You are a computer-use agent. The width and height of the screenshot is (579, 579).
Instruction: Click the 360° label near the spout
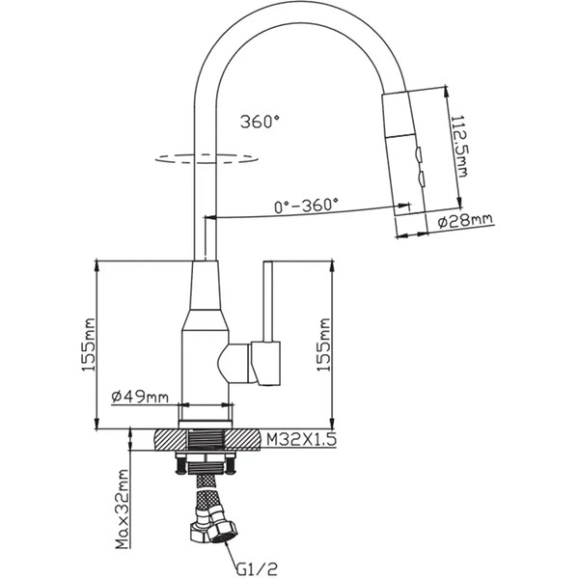tap(260, 122)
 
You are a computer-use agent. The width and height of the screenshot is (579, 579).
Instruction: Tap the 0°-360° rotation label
tap(306, 205)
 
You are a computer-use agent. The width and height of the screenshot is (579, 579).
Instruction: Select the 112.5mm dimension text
tap(459, 147)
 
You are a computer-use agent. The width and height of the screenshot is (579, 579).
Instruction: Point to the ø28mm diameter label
tap(465, 220)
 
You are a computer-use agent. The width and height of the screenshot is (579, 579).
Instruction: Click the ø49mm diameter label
tap(140, 397)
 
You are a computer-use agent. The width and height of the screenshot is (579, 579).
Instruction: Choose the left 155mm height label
tap(88, 345)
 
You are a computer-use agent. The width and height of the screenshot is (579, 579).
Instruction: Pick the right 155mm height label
tap(323, 345)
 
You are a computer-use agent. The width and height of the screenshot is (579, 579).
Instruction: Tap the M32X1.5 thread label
tap(301, 439)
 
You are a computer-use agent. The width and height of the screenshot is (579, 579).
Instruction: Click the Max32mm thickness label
tap(122, 510)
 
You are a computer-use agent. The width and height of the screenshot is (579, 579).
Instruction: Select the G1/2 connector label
tap(257, 568)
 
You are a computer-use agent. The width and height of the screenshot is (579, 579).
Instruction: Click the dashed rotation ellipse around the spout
tap(207, 158)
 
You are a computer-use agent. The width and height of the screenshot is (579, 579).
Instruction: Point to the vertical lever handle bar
tap(267, 302)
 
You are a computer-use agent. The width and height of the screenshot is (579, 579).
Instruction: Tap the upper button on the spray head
tap(420, 154)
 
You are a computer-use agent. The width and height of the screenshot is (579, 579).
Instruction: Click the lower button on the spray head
tap(422, 179)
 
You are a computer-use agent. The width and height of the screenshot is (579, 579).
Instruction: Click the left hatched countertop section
tap(170, 439)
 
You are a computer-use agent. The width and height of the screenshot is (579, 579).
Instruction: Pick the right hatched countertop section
tap(243, 439)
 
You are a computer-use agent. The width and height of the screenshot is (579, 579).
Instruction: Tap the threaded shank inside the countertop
tap(207, 440)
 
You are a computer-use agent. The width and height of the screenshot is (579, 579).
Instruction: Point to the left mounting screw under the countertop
tap(180, 464)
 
